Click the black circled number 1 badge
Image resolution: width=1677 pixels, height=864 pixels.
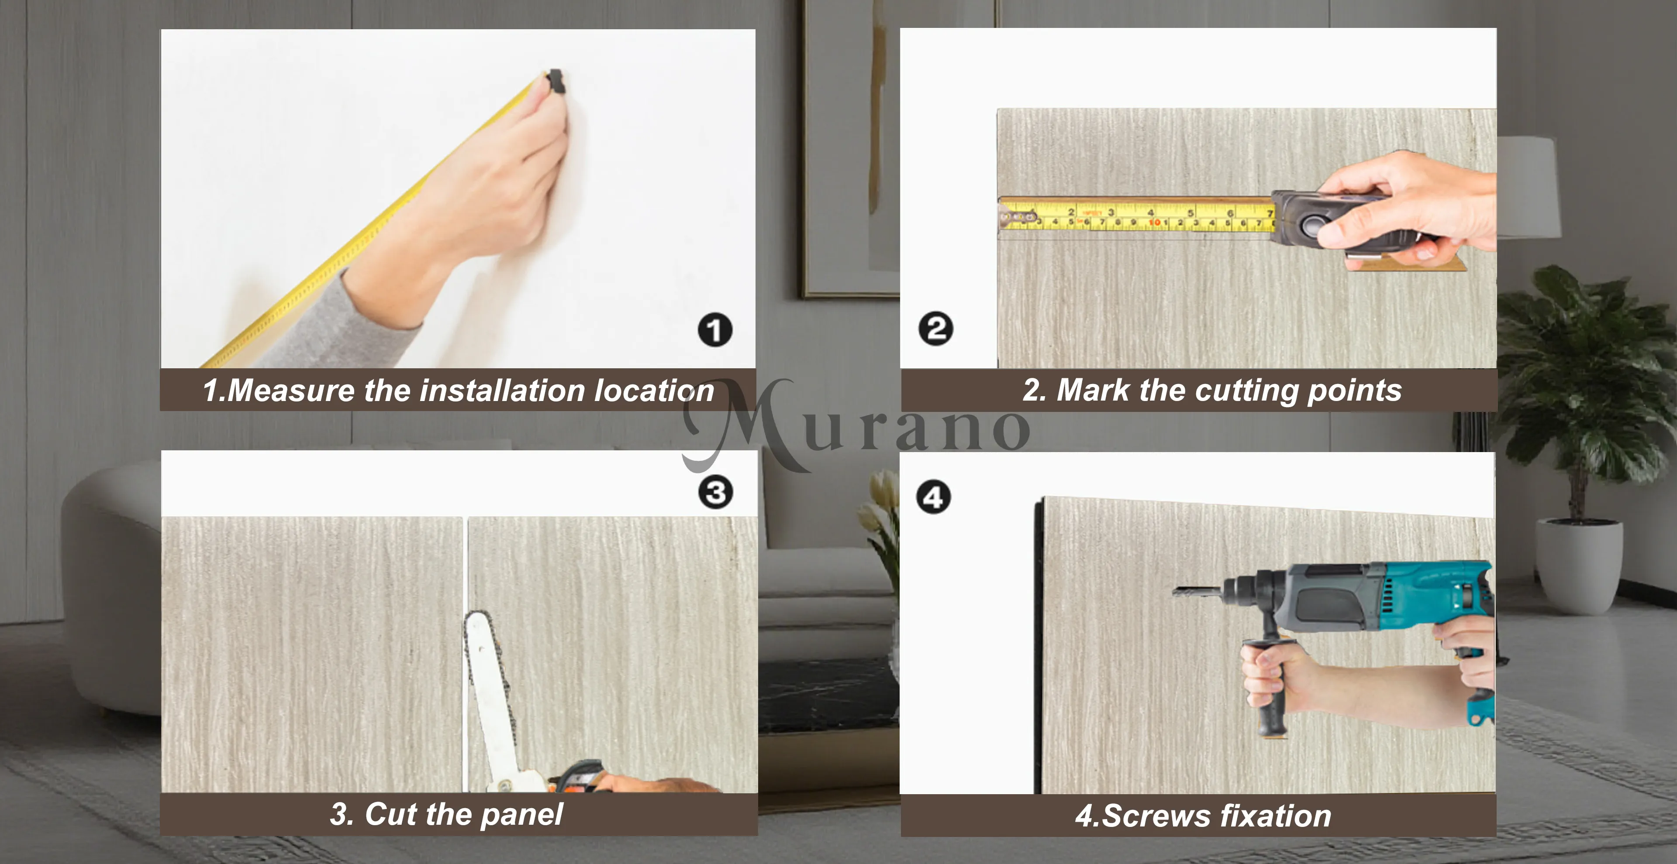tap(715, 330)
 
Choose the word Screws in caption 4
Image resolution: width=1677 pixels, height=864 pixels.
tap(1156, 816)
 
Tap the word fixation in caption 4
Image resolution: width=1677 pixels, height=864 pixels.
tap(1276, 816)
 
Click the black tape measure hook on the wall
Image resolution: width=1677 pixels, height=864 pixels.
tap(556, 82)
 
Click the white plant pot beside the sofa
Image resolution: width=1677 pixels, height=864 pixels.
tap(1579, 566)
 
